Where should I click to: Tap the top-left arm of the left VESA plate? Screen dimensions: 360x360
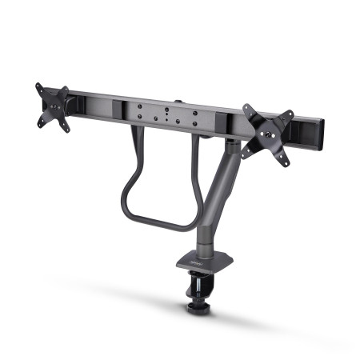pos(41,89)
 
